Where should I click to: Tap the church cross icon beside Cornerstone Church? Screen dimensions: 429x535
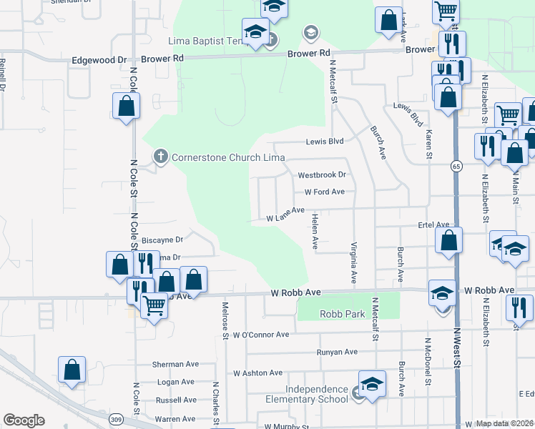point(161,155)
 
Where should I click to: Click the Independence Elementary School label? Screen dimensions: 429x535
point(306,394)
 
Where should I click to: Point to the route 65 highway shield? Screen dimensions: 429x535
point(456,166)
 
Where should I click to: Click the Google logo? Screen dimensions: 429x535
point(24,420)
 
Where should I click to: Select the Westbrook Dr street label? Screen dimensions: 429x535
point(322,174)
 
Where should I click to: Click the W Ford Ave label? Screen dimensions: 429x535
point(325,192)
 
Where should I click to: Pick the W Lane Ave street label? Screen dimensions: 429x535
point(286,215)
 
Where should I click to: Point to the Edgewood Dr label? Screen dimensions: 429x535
point(99,61)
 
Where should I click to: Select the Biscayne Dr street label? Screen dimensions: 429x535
point(163,240)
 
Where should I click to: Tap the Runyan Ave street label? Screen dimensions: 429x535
point(337,352)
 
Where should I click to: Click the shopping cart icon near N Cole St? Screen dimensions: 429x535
point(154,306)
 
